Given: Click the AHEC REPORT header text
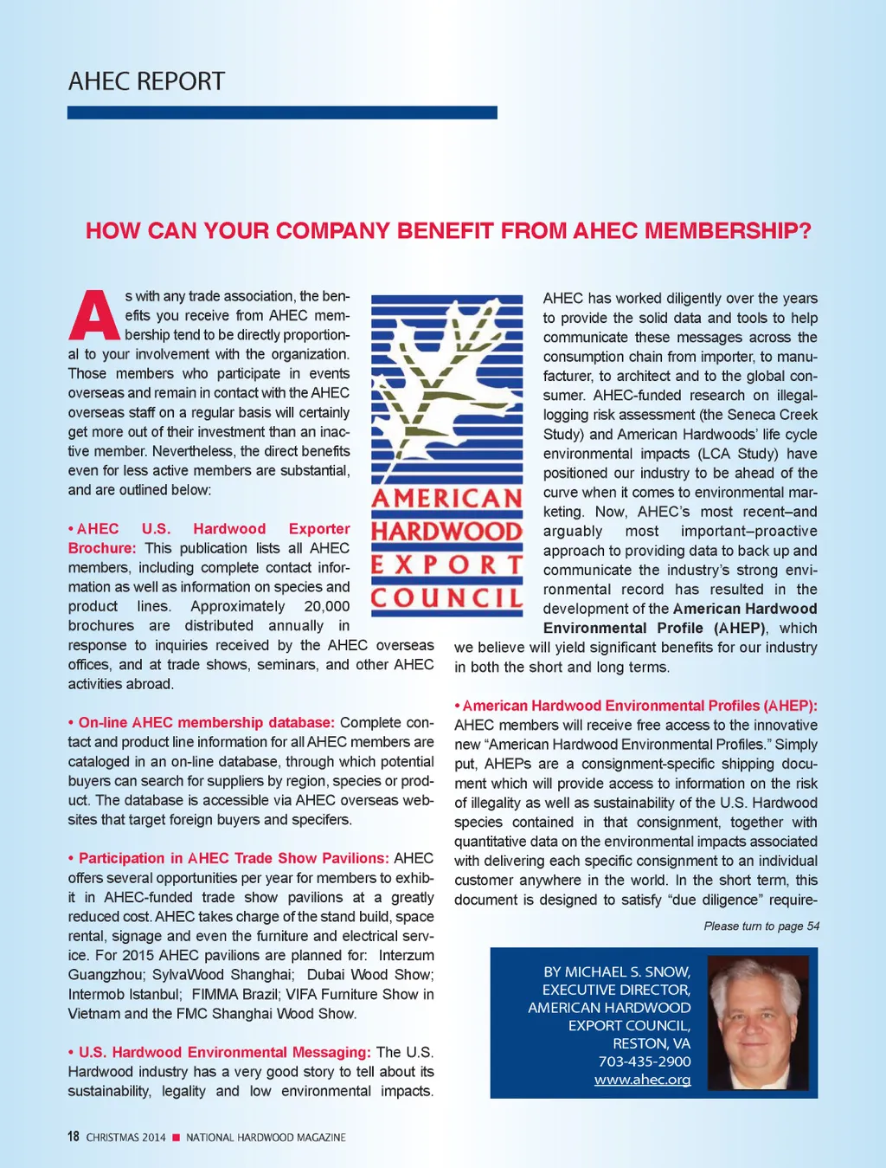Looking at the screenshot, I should (146, 81).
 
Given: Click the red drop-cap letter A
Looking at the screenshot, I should (93, 316).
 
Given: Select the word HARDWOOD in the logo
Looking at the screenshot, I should (446, 531).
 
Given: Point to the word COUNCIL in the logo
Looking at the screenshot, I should (446, 597).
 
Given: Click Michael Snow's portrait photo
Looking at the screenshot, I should (758, 1022).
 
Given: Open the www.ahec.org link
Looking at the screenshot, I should (642, 1080).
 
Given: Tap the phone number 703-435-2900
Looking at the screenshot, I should (645, 1062).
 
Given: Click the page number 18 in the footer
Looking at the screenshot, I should (74, 1137).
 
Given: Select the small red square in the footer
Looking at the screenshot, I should (176, 1138).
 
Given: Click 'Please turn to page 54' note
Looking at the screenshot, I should (761, 926).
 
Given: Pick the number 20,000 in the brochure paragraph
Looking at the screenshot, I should (327, 606).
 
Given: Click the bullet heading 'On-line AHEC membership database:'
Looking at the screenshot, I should (206, 722).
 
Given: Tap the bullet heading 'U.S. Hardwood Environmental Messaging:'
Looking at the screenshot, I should (224, 1052).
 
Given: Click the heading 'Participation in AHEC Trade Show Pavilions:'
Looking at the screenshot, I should (233, 858).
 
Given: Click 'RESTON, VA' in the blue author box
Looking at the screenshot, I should (652, 1043).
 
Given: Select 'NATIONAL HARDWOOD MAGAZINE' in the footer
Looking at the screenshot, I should (266, 1138).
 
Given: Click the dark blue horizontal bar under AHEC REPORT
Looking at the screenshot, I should (282, 113).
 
